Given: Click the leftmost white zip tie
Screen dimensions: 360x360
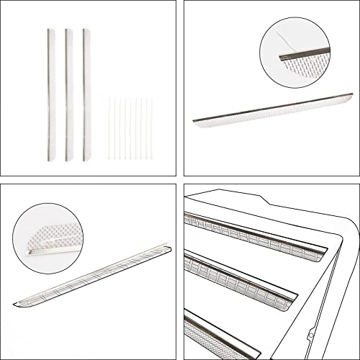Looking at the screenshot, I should click(x=109, y=128).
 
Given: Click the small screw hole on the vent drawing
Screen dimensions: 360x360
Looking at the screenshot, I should click(x=310, y=334).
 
